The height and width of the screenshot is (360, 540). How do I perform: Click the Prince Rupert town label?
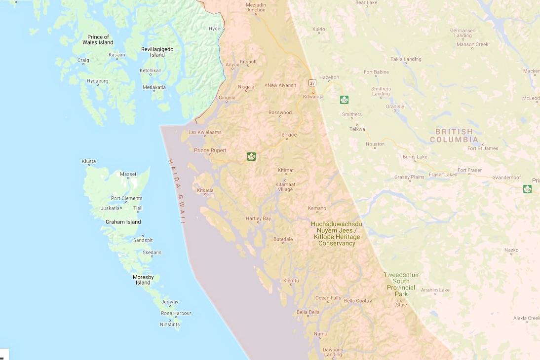coord(210,150)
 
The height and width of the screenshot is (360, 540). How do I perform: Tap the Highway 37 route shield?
coord(312,82)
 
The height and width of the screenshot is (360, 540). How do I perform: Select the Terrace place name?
coord(287,135)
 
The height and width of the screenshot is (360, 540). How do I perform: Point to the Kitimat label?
coord(286,170)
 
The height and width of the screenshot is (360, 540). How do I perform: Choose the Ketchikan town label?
coord(150,71)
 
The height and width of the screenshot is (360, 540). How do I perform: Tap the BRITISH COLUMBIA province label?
coord(454,136)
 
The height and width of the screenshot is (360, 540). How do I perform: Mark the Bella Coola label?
coord(356,301)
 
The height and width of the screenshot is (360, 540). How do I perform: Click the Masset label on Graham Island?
coord(128,174)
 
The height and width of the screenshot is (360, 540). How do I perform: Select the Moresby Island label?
coord(143,280)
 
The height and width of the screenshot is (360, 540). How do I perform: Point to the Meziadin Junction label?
coord(256,7)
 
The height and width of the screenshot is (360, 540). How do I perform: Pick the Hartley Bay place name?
coord(259,218)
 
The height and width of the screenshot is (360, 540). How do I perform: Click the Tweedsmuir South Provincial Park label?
coord(401,284)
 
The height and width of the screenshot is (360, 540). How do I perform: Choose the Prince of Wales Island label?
coord(98,39)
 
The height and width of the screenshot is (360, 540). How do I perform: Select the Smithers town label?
coord(352,114)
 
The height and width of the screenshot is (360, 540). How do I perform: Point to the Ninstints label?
coord(170,324)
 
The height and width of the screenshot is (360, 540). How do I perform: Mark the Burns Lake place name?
coord(415,157)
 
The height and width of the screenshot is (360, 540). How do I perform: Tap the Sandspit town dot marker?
coord(143,236)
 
